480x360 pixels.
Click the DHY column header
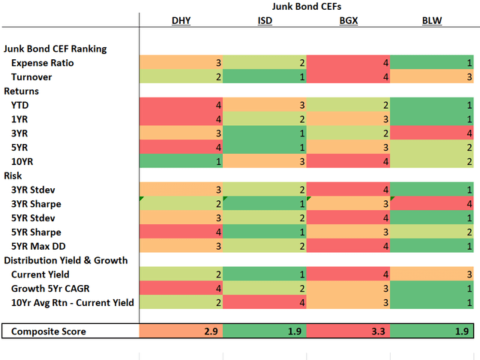pos(181,21)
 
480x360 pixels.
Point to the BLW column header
pos(431,21)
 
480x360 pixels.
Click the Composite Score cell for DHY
pos(181,331)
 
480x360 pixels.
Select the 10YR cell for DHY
pos(181,161)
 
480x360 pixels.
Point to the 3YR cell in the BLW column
pos(431,133)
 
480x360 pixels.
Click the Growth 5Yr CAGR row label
pos(52,289)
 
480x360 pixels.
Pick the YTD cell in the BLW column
pos(431,105)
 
